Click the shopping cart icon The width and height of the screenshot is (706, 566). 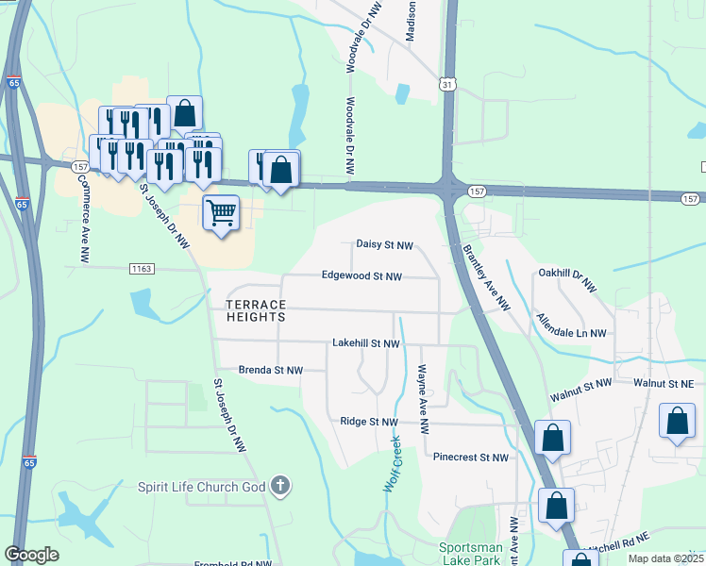[x=221, y=212]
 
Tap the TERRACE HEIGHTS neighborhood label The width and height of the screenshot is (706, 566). [x=255, y=310]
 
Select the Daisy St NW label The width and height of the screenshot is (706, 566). [x=384, y=244]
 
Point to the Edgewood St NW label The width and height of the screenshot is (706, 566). [x=361, y=276]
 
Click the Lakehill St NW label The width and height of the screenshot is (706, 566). [x=366, y=343]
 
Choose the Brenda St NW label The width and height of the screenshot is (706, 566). [x=271, y=371]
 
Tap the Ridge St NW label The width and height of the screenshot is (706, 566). [x=370, y=422]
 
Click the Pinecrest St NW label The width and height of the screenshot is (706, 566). [x=470, y=458]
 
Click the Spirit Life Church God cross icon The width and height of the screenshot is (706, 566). [x=279, y=487]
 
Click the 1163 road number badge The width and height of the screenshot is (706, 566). [x=141, y=269]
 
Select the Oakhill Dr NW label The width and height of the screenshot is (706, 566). [x=568, y=278]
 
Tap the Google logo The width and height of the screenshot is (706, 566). [x=32, y=555]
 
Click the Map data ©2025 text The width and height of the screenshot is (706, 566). [x=665, y=558]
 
